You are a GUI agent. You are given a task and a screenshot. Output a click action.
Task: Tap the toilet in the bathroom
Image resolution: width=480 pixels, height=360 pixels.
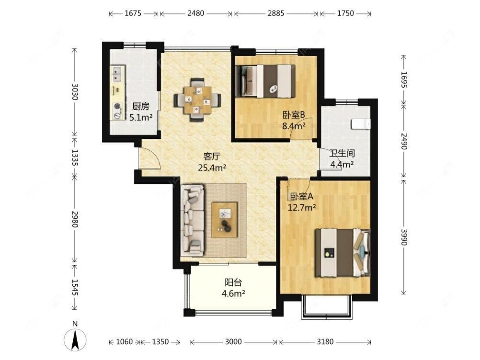[x=361, y=124]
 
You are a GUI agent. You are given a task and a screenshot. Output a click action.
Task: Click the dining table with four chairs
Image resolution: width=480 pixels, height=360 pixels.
[x=197, y=100]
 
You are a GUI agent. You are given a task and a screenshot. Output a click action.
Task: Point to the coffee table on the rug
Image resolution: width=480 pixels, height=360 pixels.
[x=224, y=219]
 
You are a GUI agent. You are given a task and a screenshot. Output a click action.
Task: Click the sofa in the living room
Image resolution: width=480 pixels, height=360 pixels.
[x=193, y=220]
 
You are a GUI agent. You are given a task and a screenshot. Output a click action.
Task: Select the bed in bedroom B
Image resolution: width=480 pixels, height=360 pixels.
[x=266, y=81]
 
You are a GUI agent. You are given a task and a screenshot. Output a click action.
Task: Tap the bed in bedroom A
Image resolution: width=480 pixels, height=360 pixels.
[x=343, y=253]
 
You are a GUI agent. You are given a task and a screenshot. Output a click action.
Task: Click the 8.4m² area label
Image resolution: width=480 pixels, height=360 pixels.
[x=294, y=125]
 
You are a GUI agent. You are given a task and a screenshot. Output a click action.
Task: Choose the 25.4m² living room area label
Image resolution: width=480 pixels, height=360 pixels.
[x=212, y=167]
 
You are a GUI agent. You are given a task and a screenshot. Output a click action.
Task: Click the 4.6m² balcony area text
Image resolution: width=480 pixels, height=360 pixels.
[x=233, y=293]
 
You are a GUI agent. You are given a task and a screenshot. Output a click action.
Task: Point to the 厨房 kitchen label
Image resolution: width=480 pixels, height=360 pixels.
[x=141, y=106]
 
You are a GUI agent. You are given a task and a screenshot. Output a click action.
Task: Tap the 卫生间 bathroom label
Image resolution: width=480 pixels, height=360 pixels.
[x=342, y=153]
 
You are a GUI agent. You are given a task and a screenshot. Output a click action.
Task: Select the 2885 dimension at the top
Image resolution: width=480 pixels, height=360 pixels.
[x=276, y=13]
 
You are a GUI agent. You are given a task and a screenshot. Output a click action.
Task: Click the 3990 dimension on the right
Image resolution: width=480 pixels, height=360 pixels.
[x=404, y=237]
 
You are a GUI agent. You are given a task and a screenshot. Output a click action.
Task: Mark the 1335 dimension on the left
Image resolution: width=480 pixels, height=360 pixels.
[x=75, y=157]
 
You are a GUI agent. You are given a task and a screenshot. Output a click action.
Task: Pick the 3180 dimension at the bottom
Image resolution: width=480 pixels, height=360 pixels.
[x=325, y=341]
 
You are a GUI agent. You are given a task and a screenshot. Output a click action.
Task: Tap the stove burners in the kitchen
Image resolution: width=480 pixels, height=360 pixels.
[x=117, y=111]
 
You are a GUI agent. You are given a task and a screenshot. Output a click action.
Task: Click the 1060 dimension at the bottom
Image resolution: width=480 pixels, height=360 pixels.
[x=124, y=341]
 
